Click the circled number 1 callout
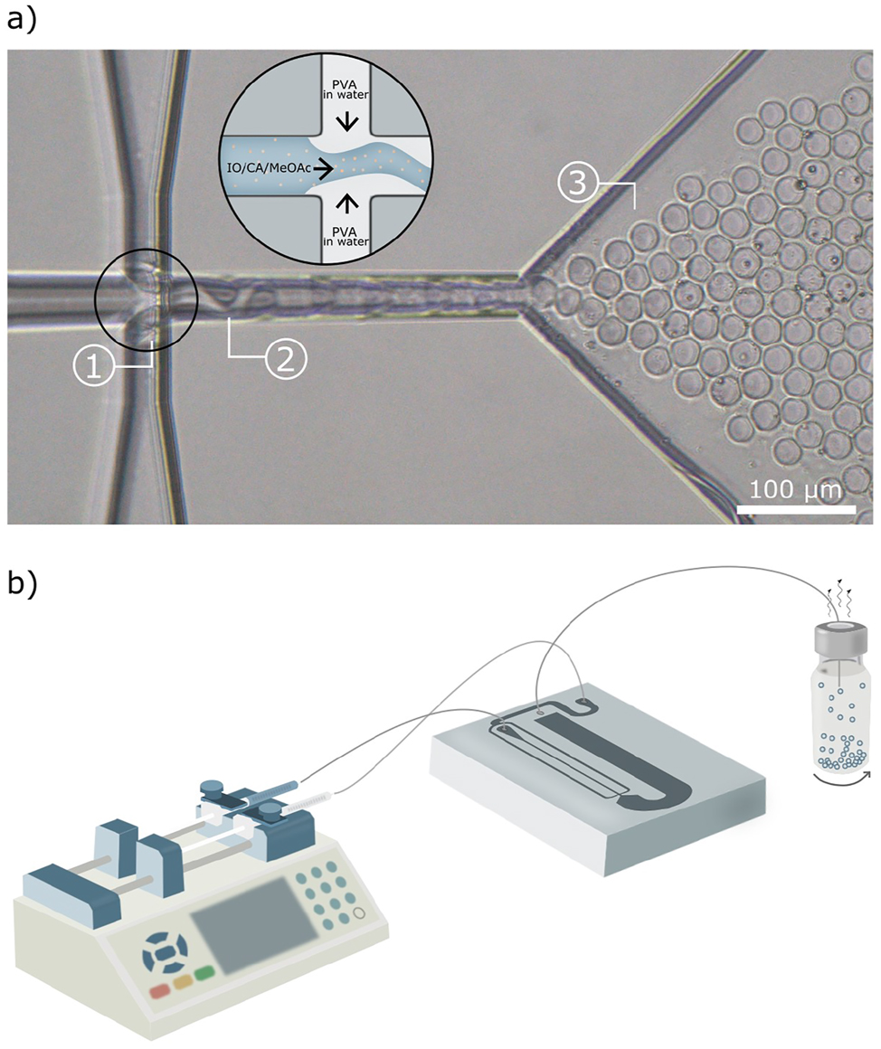91,368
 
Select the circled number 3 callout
576,184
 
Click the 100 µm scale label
795,491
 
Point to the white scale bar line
796,509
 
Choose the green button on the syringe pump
204,972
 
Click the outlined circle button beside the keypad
359,913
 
